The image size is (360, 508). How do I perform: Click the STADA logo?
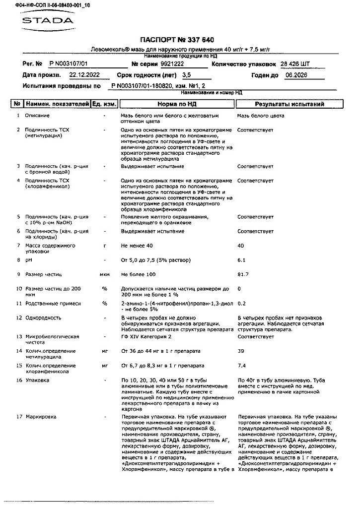(47, 21)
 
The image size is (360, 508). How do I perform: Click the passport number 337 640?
(199, 40)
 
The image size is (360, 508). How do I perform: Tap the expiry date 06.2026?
(296, 75)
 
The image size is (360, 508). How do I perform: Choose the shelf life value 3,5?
(187, 75)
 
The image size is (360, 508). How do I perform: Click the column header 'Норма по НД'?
(177, 104)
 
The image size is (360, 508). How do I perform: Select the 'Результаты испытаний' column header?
(289, 104)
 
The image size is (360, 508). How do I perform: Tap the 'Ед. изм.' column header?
(105, 104)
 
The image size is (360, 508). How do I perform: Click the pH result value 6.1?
(242, 260)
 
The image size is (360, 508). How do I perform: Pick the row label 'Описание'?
(37, 116)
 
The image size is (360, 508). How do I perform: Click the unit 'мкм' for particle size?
(105, 274)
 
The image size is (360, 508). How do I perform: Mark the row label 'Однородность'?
(43, 317)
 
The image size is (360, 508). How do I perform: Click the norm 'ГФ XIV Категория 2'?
(146, 337)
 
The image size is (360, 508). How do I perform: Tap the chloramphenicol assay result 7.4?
(242, 366)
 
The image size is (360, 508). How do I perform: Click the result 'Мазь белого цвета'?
(261, 116)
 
